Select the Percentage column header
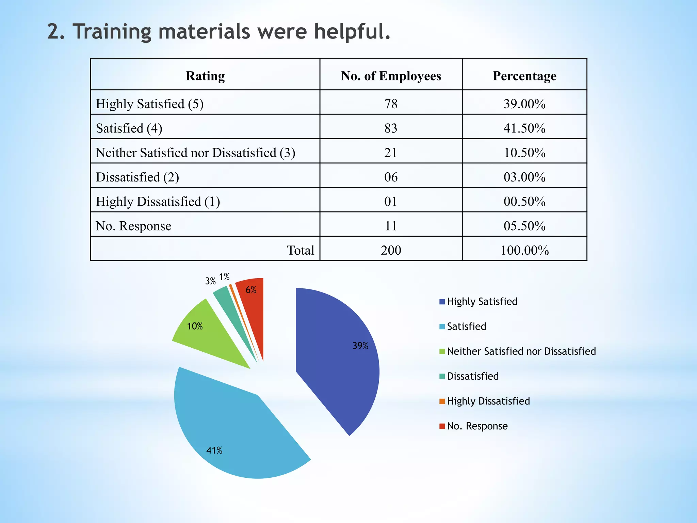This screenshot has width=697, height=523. click(x=524, y=76)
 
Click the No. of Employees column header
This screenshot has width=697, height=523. click(x=391, y=76)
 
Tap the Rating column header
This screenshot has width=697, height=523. click(x=205, y=76)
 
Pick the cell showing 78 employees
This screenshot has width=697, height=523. click(x=391, y=104)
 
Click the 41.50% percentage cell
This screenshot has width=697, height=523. click(x=524, y=128)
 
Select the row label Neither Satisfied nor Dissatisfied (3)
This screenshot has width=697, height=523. click(x=195, y=153)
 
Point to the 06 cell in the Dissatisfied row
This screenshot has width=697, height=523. click(x=391, y=177)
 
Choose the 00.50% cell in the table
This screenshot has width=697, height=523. click(x=524, y=202)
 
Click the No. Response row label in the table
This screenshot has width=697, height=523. click(x=133, y=226)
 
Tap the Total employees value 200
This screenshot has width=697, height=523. click(x=391, y=250)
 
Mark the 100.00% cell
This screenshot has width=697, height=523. click(x=524, y=250)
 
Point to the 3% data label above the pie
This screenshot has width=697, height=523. click(x=210, y=281)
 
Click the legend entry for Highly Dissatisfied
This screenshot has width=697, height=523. click(x=488, y=401)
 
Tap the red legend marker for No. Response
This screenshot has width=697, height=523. click(x=442, y=426)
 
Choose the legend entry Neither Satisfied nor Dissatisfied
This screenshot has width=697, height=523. click(x=521, y=351)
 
